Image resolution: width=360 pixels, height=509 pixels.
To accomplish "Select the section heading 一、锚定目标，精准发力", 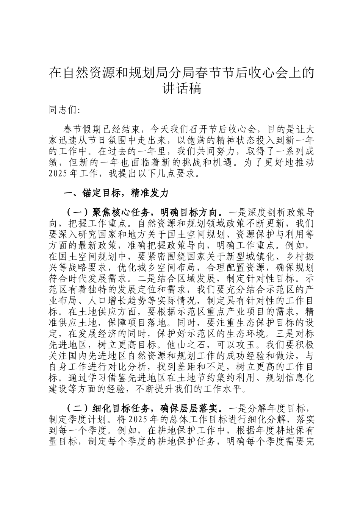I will coord(116,193).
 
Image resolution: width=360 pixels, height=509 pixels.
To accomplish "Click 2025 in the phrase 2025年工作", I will coord(58,175).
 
